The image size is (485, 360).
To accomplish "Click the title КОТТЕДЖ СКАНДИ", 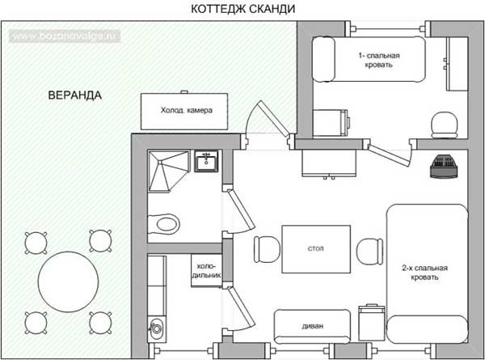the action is [242, 9].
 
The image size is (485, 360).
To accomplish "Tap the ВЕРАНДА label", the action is [75, 95].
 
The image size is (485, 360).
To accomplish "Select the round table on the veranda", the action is [69, 282].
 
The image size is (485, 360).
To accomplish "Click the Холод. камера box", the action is [184, 111].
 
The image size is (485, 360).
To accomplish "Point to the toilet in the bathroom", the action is [163, 223].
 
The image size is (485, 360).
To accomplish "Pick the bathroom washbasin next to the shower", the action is [206, 161].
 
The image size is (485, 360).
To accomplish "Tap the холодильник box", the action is [206, 270].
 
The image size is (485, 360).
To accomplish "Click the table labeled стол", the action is [316, 249].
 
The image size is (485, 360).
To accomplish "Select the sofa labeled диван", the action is [312, 326].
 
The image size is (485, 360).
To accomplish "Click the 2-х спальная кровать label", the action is [424, 273].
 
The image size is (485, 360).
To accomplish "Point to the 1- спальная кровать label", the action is [379, 60].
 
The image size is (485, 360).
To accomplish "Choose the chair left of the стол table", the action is [267, 249].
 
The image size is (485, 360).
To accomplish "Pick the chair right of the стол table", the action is [369, 252].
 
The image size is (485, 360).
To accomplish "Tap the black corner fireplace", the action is [443, 167].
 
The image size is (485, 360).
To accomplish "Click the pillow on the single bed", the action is [323, 59].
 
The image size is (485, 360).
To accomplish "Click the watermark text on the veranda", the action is [65, 36].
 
